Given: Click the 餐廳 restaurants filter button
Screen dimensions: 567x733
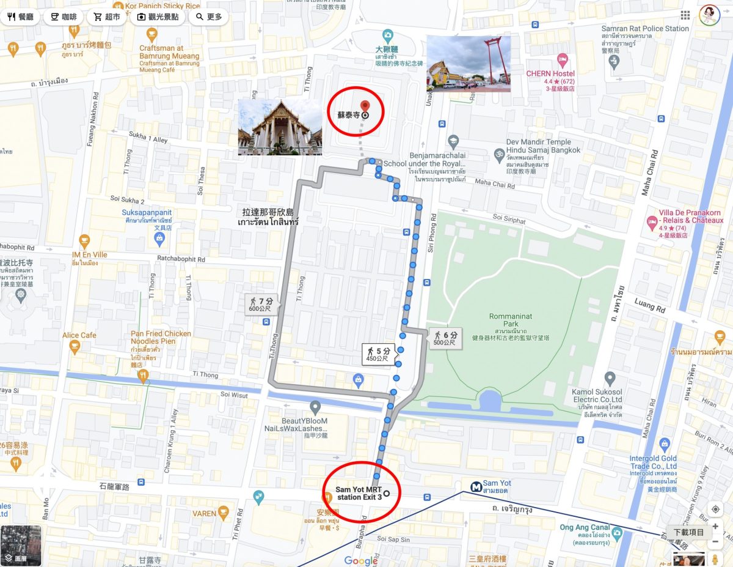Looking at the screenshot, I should [x=21, y=17].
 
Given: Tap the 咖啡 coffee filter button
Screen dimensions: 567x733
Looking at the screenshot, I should [x=63, y=17].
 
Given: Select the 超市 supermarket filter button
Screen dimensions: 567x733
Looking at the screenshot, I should [x=107, y=17].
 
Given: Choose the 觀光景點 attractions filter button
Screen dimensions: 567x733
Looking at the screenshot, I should [x=158, y=17].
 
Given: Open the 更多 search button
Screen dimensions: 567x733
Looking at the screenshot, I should [x=209, y=17].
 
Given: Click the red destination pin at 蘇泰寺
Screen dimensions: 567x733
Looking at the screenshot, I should [x=365, y=107].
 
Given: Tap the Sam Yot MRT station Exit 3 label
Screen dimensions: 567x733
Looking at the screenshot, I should [x=359, y=494].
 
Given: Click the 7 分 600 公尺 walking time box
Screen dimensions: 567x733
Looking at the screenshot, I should [x=261, y=304].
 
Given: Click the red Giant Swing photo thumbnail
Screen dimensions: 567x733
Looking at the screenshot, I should [x=468, y=64].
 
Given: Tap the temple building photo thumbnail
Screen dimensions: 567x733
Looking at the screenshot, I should [x=280, y=127].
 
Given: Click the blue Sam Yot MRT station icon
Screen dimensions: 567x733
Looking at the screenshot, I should [x=475, y=487].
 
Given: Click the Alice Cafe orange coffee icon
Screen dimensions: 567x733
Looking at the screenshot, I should [x=75, y=347].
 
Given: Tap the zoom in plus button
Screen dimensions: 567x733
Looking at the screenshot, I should [x=715, y=527].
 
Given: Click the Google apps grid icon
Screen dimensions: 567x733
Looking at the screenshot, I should [x=685, y=15].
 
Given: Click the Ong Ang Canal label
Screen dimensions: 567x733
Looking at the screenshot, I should [x=585, y=527].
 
